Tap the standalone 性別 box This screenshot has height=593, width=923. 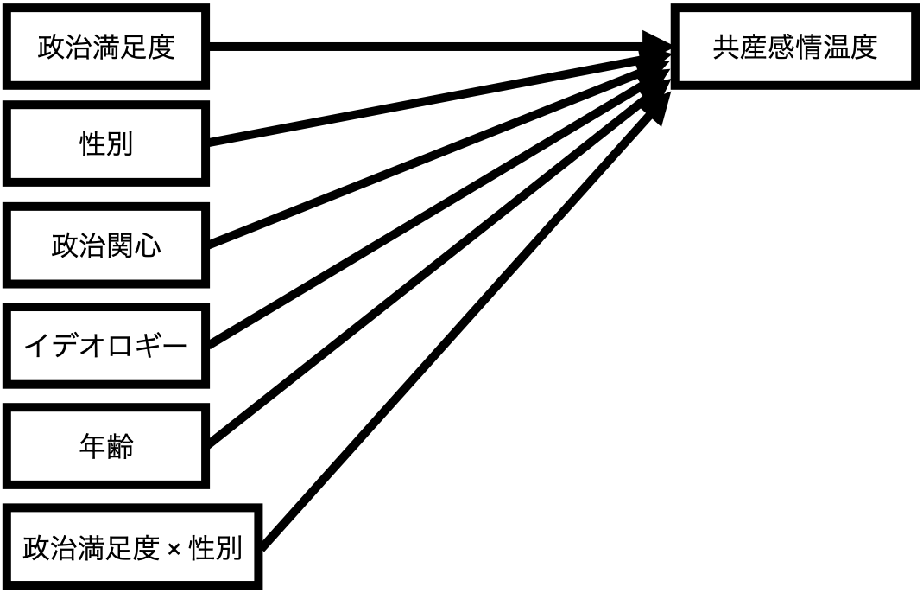pyautogui.click(x=106, y=143)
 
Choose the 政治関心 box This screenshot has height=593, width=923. pyautogui.click(x=106, y=245)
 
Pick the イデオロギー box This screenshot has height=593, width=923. pyautogui.click(x=106, y=346)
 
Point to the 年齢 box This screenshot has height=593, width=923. pyautogui.click(x=106, y=447)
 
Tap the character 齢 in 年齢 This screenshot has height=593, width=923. pyautogui.click(x=120, y=447)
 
